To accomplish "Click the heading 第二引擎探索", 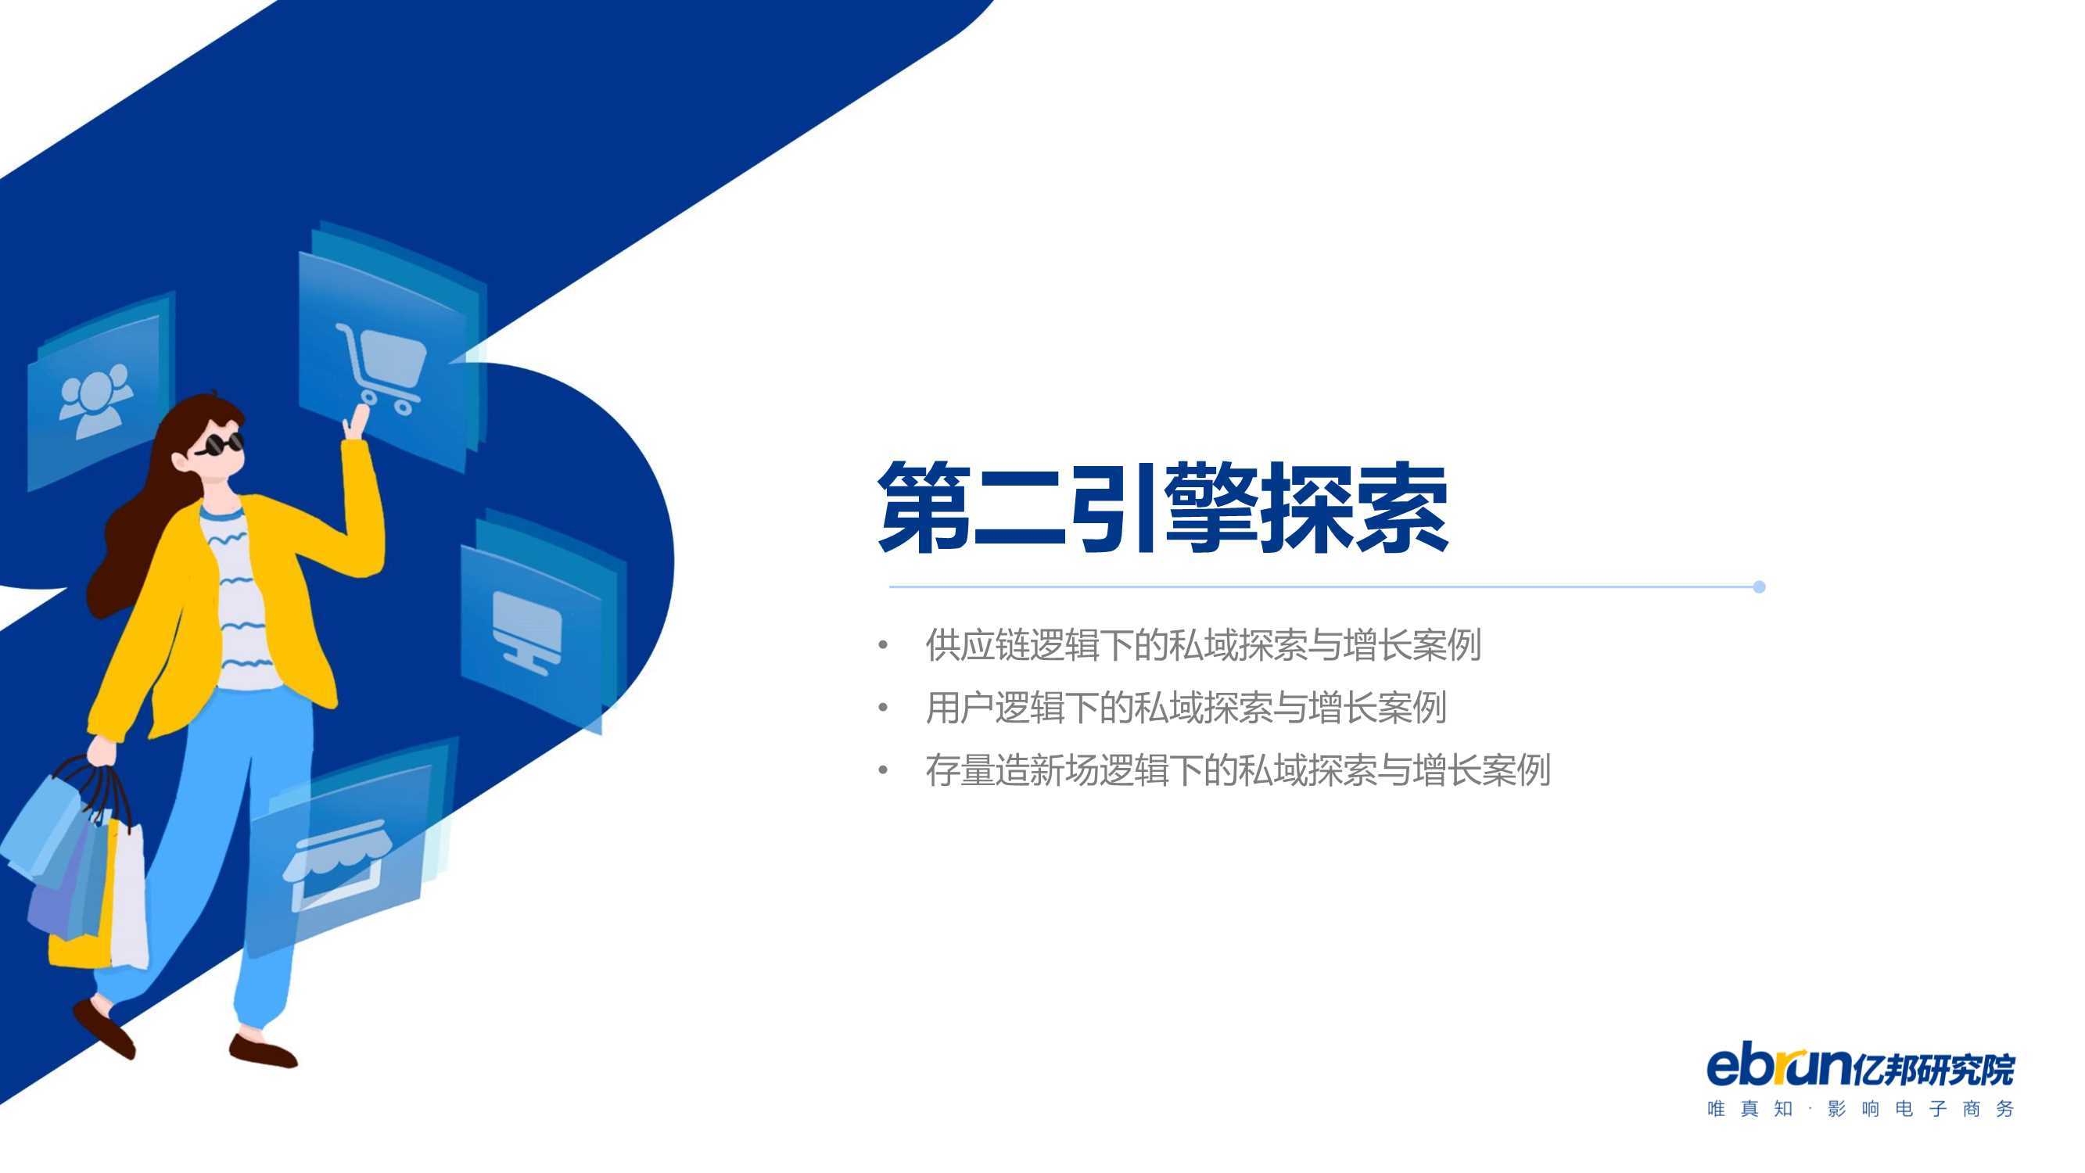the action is tap(1163, 508).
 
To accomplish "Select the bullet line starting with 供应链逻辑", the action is tap(1204, 645).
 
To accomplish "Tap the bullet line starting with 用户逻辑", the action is tap(1186, 708).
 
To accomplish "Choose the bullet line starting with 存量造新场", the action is tap(1238, 769).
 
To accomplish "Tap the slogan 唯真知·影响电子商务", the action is tap(1860, 1108).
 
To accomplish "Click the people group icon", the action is tap(95, 400).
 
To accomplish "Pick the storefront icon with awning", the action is tap(336, 865).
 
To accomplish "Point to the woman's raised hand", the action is tap(355, 421).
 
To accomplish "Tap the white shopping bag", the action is tap(129, 895).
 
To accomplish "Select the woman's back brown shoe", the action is tap(102, 1028).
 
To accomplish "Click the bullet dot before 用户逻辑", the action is tap(883, 708).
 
